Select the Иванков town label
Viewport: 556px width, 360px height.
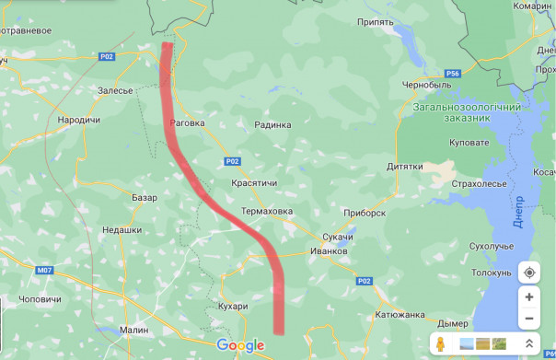(329, 250)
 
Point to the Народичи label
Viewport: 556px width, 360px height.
(78, 120)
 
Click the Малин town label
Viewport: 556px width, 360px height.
(133, 329)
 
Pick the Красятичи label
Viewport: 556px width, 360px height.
(255, 184)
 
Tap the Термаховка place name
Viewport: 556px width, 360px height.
(266, 212)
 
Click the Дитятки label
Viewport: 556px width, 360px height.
(405, 167)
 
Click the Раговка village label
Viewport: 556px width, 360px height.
(188, 122)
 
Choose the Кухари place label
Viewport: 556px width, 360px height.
(235, 306)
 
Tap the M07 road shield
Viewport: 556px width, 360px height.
(46, 271)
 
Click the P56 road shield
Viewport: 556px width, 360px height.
(451, 74)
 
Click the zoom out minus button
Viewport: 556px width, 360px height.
(528, 319)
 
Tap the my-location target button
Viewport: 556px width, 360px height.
(528, 273)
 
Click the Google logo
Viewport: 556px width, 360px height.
(240, 345)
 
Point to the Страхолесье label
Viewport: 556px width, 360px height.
(480, 184)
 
